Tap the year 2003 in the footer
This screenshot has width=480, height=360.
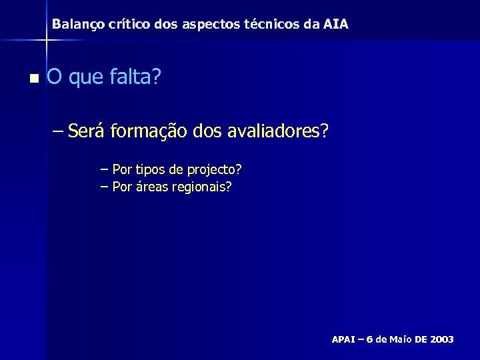(x=442, y=339)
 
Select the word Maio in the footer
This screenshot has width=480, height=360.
(x=399, y=339)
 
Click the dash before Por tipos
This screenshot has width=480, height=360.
(x=104, y=170)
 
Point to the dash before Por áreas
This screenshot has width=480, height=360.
(x=104, y=187)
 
